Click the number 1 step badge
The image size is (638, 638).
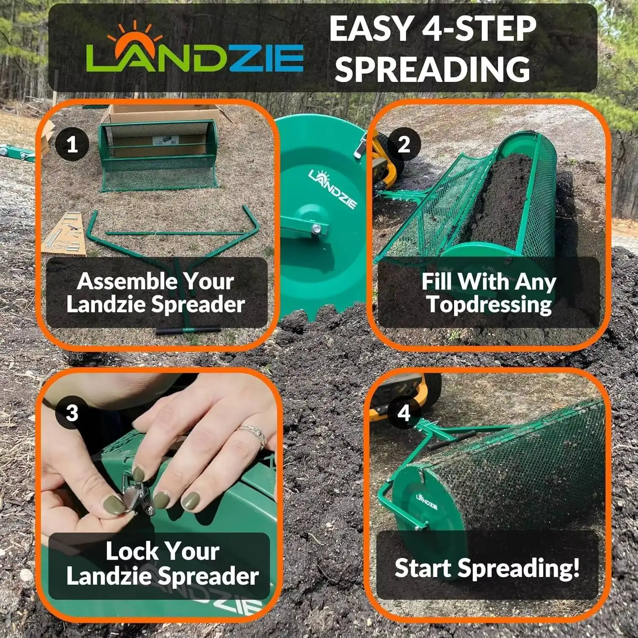(x=72, y=145)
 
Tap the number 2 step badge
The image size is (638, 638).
(x=404, y=145)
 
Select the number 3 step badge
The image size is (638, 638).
(x=72, y=413)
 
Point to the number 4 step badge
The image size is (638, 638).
(x=404, y=413)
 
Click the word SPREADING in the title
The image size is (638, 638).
(x=433, y=69)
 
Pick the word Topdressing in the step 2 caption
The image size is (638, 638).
(x=489, y=305)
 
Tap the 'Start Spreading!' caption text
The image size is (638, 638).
(x=487, y=568)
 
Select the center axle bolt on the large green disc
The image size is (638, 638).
(x=316, y=229)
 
